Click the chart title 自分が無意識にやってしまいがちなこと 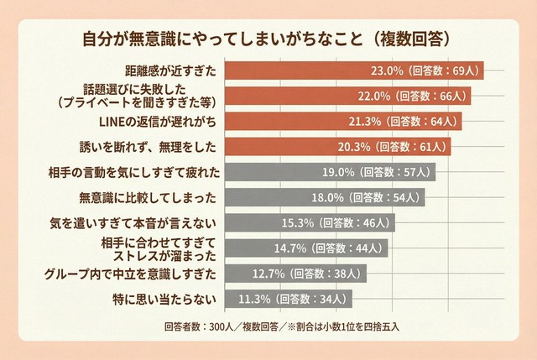click(x=268, y=39)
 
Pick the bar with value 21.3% click(x=345, y=123)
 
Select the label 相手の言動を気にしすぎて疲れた click(x=134, y=173)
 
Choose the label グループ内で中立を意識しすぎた click(x=131, y=273)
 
